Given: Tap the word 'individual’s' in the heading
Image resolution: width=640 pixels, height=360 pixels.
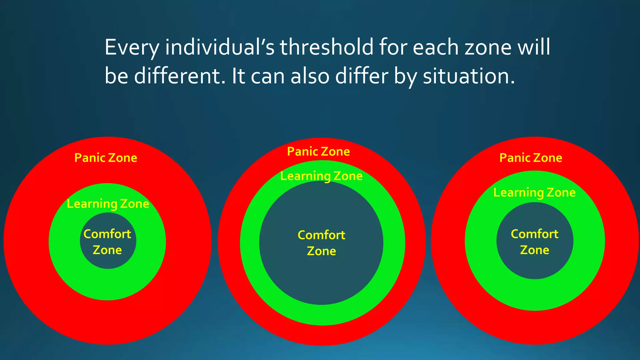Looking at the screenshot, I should tap(220, 47).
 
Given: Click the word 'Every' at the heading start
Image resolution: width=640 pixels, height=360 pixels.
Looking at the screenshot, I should tap(132, 47).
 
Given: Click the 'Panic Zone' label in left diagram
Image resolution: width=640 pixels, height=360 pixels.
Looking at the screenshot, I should tap(106, 158).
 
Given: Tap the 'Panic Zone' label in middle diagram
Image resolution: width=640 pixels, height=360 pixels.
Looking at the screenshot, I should tap(318, 152).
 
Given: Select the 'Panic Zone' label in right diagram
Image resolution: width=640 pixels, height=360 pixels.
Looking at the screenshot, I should tap(531, 158).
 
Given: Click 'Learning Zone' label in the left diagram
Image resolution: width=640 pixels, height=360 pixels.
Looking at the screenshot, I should tap(108, 204).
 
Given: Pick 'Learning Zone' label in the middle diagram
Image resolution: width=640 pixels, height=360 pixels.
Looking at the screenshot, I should tap(321, 176).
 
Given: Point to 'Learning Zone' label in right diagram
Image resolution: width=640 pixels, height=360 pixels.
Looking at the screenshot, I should tap(534, 192).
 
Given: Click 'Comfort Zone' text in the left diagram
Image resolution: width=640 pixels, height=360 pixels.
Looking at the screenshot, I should tap(107, 242).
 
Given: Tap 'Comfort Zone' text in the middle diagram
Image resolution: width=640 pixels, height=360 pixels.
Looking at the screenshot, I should tap(321, 243).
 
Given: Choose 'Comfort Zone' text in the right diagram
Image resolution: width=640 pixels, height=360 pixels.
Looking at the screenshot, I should tap(534, 242).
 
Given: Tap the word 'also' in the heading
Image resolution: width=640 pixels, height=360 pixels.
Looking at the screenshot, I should tap(310, 76).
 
